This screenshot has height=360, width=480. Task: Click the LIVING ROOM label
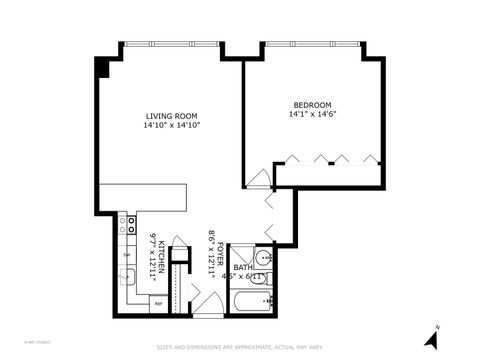pyautogui.click(x=169, y=116)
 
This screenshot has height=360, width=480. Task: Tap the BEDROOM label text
pyautogui.click(x=313, y=105)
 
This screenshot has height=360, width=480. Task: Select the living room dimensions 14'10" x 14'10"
pyautogui.click(x=169, y=126)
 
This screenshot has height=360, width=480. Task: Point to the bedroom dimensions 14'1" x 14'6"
pyautogui.click(x=313, y=115)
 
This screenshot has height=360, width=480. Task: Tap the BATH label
pyautogui.click(x=243, y=267)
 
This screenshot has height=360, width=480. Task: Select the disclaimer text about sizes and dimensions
pyautogui.click(x=240, y=348)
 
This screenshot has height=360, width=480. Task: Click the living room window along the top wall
pyautogui.click(x=169, y=43)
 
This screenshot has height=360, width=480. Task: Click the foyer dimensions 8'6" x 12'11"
pyautogui.click(x=212, y=253)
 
